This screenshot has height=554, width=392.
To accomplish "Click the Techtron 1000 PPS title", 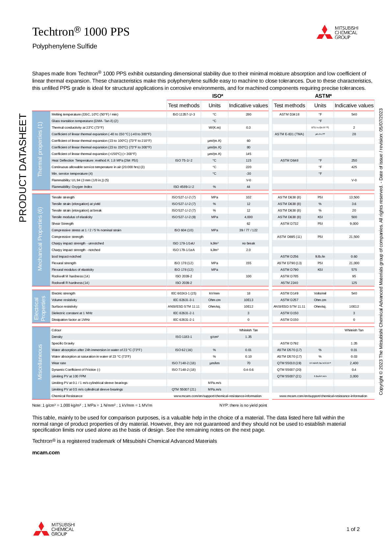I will tap(81, 32).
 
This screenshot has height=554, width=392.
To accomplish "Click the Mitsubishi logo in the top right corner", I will tap(337, 32).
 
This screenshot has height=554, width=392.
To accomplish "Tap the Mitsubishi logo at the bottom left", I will tap(54, 529).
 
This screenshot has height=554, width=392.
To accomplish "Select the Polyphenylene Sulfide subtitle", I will tap(65, 46).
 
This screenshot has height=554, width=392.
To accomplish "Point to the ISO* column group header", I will tap(218, 96).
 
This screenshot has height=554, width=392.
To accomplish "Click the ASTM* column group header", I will tap(323, 96).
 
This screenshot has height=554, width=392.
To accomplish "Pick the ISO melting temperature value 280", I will tap(248, 114).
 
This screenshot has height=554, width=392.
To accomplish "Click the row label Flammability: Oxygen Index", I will tap(72, 187).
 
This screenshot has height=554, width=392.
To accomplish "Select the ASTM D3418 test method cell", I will tap(289, 114).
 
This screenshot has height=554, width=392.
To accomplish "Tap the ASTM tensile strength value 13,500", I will tap(354, 197).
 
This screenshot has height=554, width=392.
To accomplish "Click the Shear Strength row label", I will tap(63, 224).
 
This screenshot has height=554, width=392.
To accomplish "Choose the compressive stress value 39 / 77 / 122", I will tap(248, 230).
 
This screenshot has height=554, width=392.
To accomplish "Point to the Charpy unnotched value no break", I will tap(248, 243).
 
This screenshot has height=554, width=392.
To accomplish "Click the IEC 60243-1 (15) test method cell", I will tap(184, 293).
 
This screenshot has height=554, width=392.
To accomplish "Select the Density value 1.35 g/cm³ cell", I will tap(248, 337).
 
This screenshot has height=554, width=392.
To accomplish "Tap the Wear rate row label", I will tap(59, 363).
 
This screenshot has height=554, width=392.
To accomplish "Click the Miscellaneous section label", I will tap(40, 362).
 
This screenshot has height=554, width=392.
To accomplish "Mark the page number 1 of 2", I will tap(353, 529).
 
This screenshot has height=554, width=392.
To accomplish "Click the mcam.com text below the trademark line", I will tap(46, 453).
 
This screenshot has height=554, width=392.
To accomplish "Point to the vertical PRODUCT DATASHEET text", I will tap(23, 168).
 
